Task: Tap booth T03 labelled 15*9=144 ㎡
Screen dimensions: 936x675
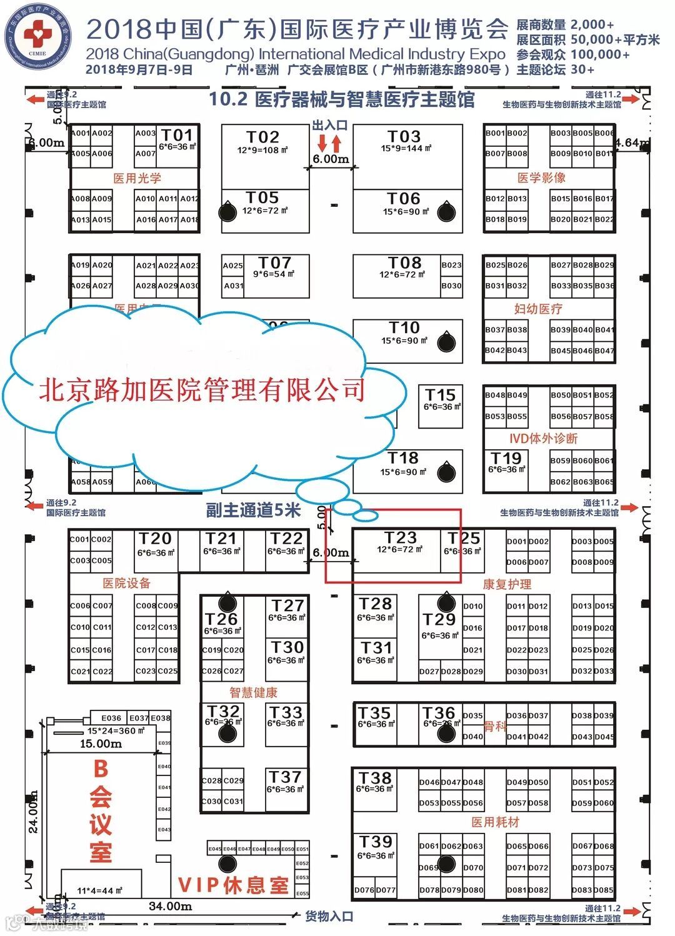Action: [x=404, y=141]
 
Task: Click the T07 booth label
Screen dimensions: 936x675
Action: [x=275, y=263]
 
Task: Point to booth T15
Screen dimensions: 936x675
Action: [x=441, y=400]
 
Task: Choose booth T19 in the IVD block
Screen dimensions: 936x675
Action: [x=506, y=462]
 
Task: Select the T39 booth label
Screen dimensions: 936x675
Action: [x=375, y=842]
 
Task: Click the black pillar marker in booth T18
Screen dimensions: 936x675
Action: [x=446, y=472]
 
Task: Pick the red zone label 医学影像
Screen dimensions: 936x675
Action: [x=541, y=177]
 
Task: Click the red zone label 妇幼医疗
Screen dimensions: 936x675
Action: [x=538, y=309]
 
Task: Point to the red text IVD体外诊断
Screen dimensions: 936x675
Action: [x=543, y=438]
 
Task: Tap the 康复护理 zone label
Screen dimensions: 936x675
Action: [x=507, y=584]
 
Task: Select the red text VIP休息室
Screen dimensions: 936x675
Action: [x=234, y=885]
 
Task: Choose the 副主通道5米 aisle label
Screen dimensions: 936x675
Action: [x=254, y=510]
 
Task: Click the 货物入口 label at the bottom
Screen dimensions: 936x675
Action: [x=329, y=917]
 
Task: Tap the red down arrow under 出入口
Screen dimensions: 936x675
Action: [x=322, y=143]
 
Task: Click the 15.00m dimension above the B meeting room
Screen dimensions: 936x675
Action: [x=101, y=744]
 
